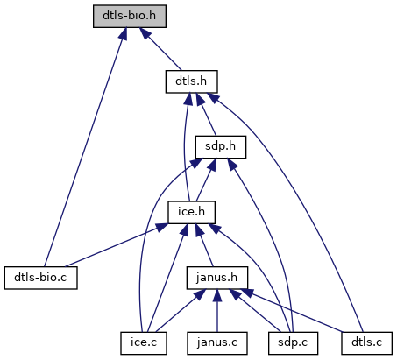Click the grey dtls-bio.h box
click(130, 16)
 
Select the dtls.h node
click(192, 81)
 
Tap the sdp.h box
click(221, 147)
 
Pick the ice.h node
click(192, 212)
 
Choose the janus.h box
click(217, 278)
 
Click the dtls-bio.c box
click(41, 278)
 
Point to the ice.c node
click(144, 343)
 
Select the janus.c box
click(217, 343)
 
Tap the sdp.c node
click(293, 343)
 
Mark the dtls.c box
click(367, 343)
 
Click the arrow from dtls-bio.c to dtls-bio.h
click(85, 147)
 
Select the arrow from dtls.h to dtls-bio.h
click(160, 49)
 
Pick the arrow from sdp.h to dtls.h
click(206, 115)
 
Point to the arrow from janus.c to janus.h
click(217, 311)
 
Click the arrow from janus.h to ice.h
click(204, 245)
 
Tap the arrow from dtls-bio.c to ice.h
click(117, 245)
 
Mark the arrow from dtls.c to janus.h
click(292, 311)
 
